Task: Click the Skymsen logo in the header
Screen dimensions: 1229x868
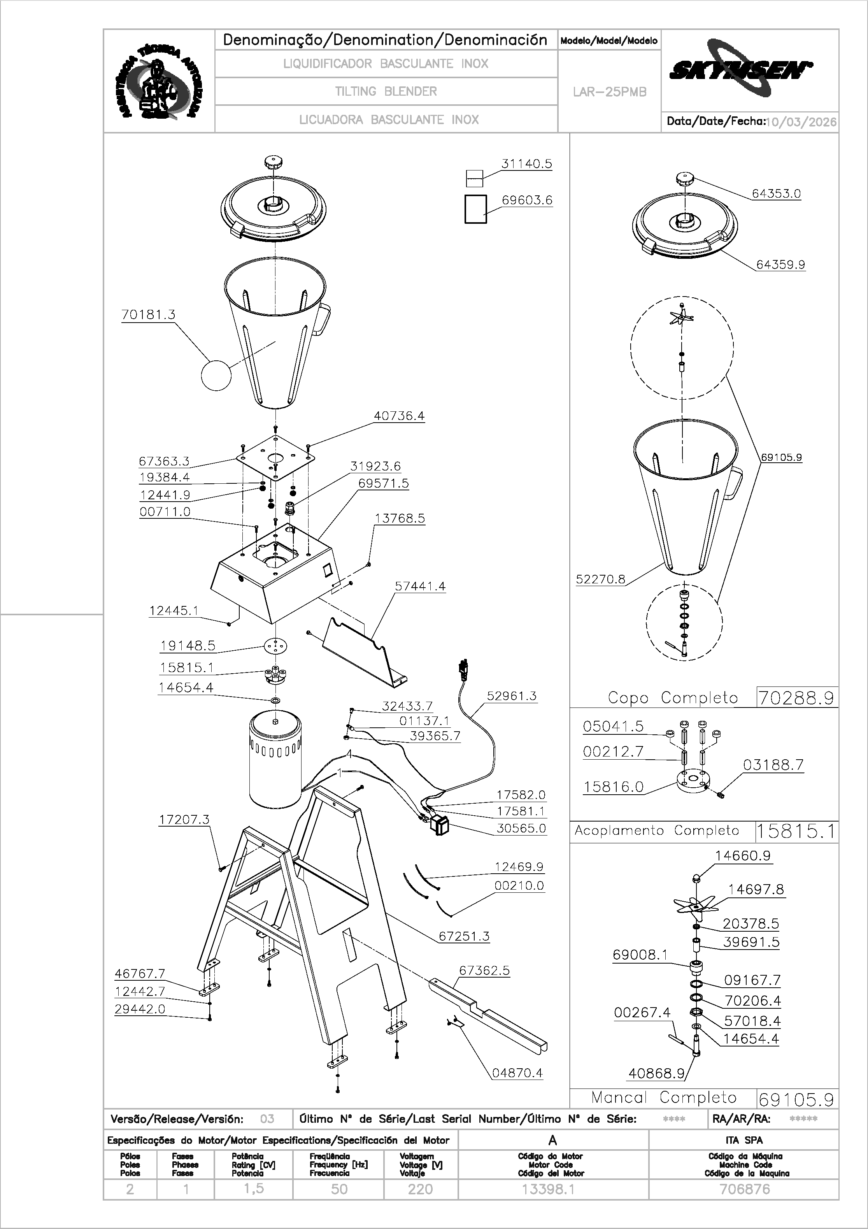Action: pos(741,68)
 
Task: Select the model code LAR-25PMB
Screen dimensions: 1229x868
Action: pos(610,92)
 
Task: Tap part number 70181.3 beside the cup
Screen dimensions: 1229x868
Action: pos(148,315)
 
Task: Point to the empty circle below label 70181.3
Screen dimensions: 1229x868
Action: pos(216,375)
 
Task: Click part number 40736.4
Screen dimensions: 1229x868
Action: pos(399,416)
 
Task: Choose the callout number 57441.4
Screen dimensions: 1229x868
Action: pos(420,586)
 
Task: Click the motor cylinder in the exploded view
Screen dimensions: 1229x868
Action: pos(275,759)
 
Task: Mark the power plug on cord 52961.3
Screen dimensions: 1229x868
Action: pos(462,670)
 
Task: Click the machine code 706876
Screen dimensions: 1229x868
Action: pos(744,1189)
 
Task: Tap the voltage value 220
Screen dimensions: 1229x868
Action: pos(420,1189)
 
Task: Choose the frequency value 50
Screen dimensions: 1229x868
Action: pos(339,1189)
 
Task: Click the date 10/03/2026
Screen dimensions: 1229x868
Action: pos(801,122)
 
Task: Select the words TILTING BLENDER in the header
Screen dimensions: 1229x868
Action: pos(386,91)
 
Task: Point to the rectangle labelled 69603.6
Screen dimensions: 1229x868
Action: pos(475,209)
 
